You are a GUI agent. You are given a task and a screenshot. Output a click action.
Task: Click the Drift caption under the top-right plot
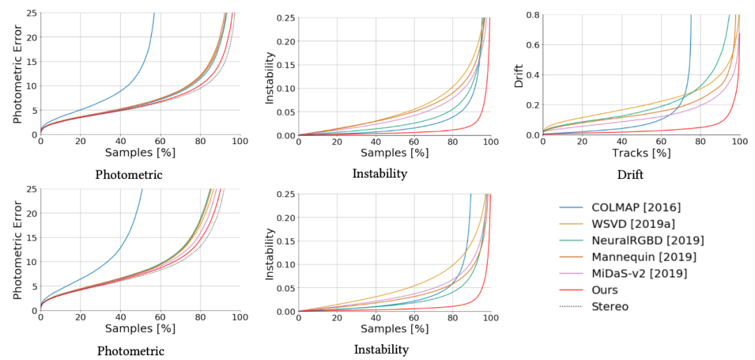[x=630, y=174]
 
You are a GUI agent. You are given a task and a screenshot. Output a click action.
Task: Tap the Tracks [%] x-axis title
[x=641, y=152]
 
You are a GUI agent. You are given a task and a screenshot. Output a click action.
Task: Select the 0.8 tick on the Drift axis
[x=531, y=15]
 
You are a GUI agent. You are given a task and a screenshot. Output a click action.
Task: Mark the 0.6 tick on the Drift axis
[x=531, y=45]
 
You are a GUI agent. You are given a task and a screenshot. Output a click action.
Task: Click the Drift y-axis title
[x=518, y=74]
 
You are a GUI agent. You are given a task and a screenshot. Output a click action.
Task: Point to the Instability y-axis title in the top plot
[x=270, y=74]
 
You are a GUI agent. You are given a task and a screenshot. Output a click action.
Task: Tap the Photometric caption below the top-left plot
[x=130, y=175]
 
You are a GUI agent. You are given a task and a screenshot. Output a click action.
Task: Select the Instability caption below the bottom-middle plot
[x=381, y=350]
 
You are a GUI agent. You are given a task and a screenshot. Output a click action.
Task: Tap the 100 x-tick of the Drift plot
[x=740, y=142]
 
